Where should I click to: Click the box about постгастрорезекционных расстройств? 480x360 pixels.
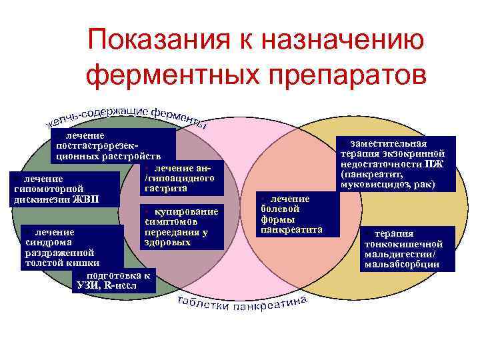(x=110, y=147)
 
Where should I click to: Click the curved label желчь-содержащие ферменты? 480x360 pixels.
(x=127, y=114)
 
